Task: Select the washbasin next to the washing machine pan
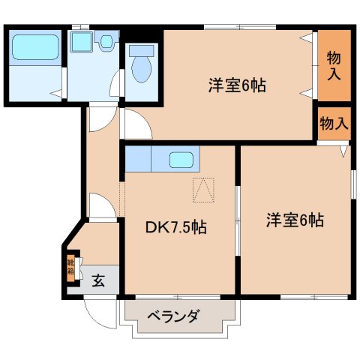pyautogui.click(x=107, y=42)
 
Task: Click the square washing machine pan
pyautogui.click(x=80, y=41)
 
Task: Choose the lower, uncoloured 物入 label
pyautogui.click(x=333, y=124)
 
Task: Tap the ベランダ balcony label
pyautogui.click(x=172, y=316)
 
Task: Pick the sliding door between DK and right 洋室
pyautogui.click(x=238, y=217)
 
